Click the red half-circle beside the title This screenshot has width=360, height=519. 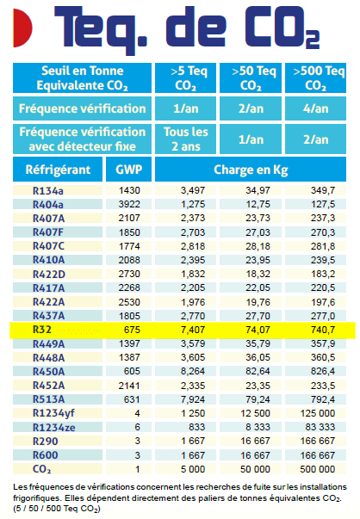tap(22, 28)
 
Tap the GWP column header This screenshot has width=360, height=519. tap(128, 170)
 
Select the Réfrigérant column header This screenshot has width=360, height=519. tap(58, 170)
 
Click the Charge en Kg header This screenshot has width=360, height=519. tap(251, 170)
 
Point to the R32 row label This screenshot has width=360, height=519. tap(42, 330)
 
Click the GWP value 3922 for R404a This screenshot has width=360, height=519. tap(129, 204)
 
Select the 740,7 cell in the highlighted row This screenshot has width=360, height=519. tap(323, 330)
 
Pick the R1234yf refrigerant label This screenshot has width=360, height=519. tap(53, 413)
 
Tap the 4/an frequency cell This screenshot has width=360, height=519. tap(315, 108)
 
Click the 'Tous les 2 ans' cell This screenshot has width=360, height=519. tap(185, 139)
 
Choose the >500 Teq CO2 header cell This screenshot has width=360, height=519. tap(315, 78)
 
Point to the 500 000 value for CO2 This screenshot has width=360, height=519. tap(317, 469)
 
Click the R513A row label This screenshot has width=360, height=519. tap(48, 399)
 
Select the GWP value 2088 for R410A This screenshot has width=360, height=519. tap(129, 260)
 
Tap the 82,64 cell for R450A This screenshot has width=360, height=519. tap(258, 371)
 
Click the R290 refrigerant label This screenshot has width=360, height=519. tap(45, 442)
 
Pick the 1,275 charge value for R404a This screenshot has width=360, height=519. tap(193, 204)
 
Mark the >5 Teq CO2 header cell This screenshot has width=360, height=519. tap(185, 78)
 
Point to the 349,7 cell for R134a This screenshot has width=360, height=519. tap(323, 190)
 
